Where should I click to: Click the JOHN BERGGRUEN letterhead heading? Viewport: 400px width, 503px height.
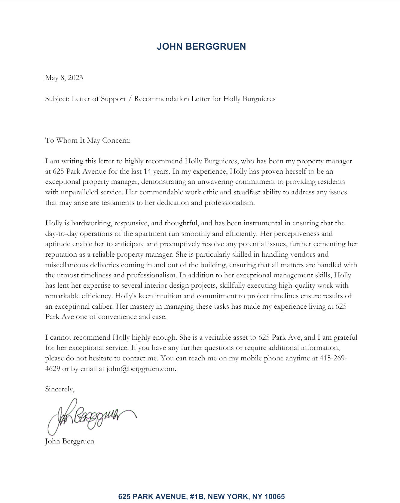coord(201,47)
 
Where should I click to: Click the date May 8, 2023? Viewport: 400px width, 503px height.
coord(64,78)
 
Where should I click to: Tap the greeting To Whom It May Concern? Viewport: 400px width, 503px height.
coord(88,140)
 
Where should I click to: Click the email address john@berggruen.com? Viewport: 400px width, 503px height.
coord(141,369)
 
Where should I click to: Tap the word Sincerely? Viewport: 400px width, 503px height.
coord(60,389)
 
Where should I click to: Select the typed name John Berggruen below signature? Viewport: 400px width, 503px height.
coord(69,441)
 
